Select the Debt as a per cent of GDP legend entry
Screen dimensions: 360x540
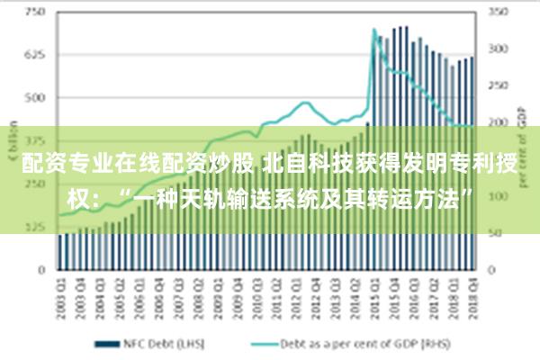360,343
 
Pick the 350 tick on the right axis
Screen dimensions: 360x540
498,13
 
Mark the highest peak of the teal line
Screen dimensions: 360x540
373,30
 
